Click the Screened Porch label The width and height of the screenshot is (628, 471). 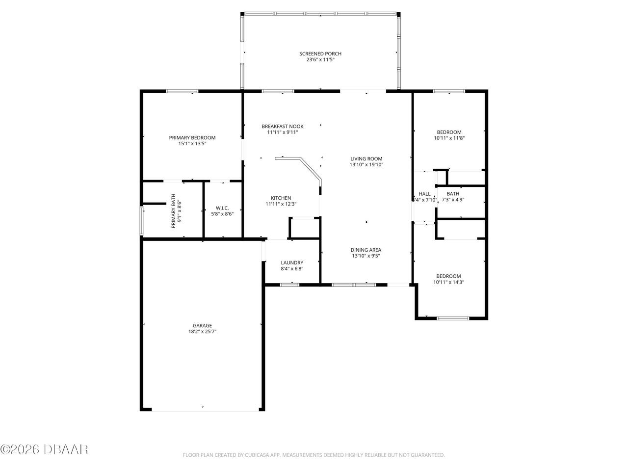(320, 54)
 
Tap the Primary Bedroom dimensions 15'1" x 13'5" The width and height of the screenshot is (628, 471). (192, 144)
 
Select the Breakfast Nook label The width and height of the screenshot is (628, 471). (282, 126)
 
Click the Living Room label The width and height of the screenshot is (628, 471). (366, 158)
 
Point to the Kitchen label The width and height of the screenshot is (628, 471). (281, 198)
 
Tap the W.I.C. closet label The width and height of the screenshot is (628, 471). (222, 208)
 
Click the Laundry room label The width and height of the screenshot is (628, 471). (292, 262)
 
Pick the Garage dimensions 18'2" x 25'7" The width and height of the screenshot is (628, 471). (202, 332)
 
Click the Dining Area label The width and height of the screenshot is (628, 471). (366, 250)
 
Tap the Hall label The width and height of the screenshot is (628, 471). (424, 194)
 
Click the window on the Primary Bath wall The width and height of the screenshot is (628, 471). (142, 221)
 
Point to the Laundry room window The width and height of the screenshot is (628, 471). (289, 284)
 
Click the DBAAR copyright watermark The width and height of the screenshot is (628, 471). (44, 449)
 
